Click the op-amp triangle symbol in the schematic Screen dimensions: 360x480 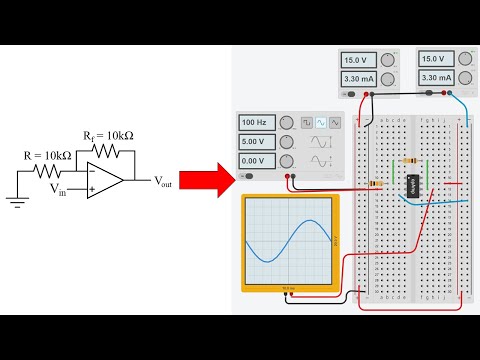click(x=106, y=180)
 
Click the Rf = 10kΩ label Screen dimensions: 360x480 click(x=109, y=134)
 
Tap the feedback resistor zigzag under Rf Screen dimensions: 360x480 click(x=104, y=150)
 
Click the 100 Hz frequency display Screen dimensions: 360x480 click(x=255, y=122)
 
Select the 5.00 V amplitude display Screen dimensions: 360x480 click(x=255, y=141)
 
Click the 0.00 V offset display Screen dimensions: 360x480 click(x=255, y=161)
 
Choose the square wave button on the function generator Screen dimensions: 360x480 click(x=308, y=122)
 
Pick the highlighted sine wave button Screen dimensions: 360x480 click(x=321, y=122)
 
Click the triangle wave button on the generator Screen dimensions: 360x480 click(x=335, y=122)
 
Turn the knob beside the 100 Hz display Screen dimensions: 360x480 click(x=286, y=122)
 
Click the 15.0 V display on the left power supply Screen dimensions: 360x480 click(x=358, y=60)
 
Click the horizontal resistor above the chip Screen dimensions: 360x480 click(x=409, y=160)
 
